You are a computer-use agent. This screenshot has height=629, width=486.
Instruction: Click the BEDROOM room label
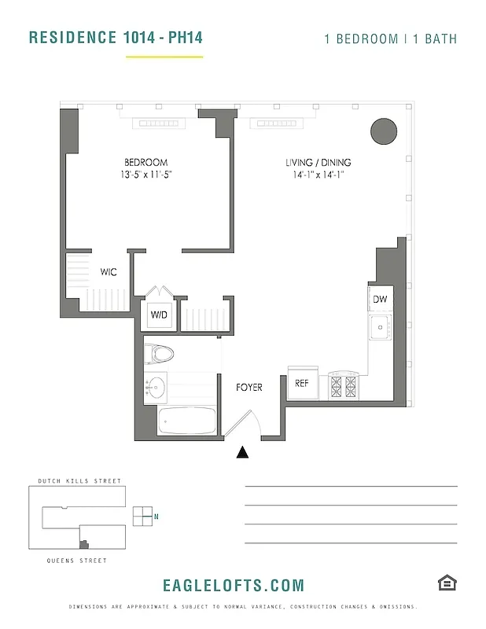click(145, 163)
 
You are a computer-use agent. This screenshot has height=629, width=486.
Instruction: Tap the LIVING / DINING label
click(315, 163)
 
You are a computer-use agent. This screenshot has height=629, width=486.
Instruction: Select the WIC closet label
click(109, 272)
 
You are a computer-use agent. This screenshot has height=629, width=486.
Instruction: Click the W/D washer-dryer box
click(159, 314)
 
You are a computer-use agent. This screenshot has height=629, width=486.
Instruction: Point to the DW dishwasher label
click(380, 300)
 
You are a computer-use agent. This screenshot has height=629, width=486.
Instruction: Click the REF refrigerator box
click(302, 383)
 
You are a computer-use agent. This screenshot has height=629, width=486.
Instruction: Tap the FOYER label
click(249, 387)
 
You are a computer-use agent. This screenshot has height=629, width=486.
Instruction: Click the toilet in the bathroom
click(162, 353)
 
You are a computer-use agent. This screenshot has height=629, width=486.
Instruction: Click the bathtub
click(187, 421)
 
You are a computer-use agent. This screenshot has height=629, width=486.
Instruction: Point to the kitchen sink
click(380, 327)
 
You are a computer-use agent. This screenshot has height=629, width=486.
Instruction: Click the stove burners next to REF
click(342, 384)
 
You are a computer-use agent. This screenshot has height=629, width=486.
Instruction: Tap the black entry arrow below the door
click(243, 452)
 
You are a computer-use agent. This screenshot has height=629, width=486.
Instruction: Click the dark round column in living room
click(383, 131)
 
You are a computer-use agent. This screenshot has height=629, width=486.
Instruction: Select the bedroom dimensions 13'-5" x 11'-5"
click(142, 175)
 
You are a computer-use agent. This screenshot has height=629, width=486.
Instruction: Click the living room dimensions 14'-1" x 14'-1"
click(315, 175)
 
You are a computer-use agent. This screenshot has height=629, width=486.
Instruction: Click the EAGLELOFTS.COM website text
click(233, 585)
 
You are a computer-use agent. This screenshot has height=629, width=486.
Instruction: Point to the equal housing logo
click(447, 583)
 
